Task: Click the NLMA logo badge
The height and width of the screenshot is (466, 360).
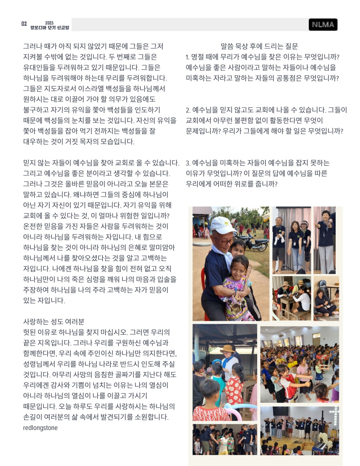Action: pos(323,24)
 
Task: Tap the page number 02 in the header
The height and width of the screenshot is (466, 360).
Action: pos(24,24)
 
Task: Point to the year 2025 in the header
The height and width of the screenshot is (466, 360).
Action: pos(49,23)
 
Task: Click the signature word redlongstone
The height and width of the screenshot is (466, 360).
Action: pos(40,428)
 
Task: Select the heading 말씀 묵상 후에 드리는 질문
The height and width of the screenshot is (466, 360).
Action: pos(259,46)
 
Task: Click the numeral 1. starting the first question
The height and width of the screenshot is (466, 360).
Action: pos(188,57)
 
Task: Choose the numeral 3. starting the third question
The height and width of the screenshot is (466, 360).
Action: pos(188,163)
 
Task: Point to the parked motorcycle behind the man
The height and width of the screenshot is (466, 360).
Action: pos(256,242)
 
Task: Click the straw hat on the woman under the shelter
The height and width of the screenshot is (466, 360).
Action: pos(228,349)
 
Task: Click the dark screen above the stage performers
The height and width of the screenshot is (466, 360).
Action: pos(281,411)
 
